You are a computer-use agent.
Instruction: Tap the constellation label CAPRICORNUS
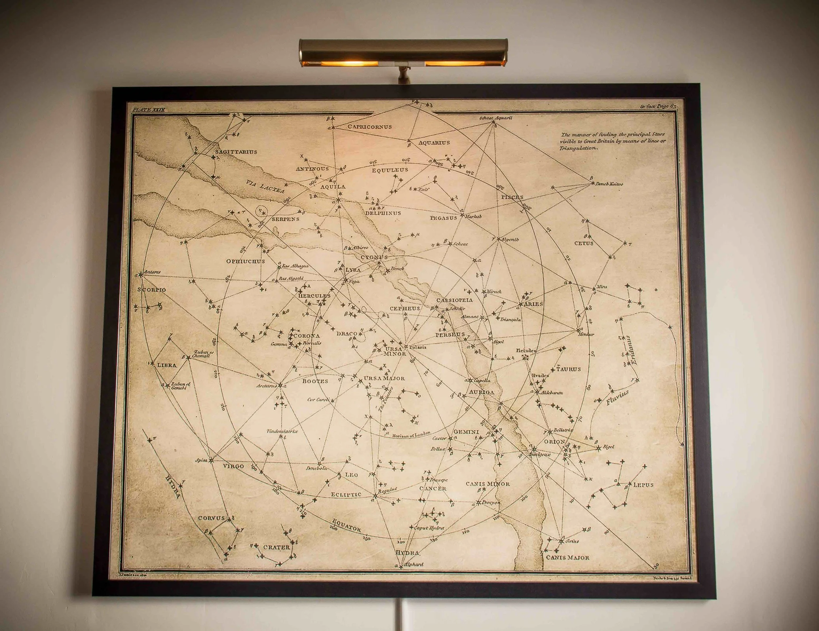click(370, 127)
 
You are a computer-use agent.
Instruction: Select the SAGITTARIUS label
click(236, 152)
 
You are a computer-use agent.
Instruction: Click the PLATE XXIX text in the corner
click(148, 109)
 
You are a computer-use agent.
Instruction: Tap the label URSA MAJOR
click(384, 378)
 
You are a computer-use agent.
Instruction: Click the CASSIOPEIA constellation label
click(454, 300)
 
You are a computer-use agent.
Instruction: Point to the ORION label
click(554, 442)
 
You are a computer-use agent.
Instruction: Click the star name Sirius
click(573, 541)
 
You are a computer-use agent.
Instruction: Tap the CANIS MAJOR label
click(567, 558)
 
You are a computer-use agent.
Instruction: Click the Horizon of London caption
click(411, 434)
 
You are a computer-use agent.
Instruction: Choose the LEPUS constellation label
click(643, 485)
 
